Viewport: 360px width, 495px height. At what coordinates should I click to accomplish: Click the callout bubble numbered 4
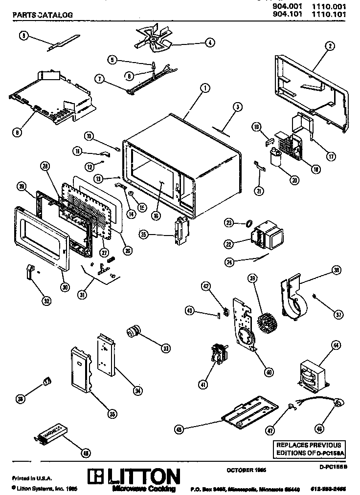pyautogui.click(x=209, y=43)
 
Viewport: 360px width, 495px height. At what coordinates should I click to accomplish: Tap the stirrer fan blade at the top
pyautogui.click(x=154, y=39)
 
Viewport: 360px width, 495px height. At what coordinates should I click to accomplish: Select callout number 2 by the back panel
pyautogui.click(x=331, y=46)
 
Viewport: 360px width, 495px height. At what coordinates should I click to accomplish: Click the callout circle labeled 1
pyautogui.click(x=204, y=88)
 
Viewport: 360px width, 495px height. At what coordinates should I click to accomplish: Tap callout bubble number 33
pyautogui.click(x=166, y=348)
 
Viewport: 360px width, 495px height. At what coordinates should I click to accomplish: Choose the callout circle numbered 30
pyautogui.click(x=65, y=287)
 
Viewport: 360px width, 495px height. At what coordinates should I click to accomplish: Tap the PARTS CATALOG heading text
pyautogui.click(x=42, y=15)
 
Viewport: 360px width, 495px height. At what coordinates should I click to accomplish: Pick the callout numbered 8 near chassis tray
pyautogui.click(x=18, y=131)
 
